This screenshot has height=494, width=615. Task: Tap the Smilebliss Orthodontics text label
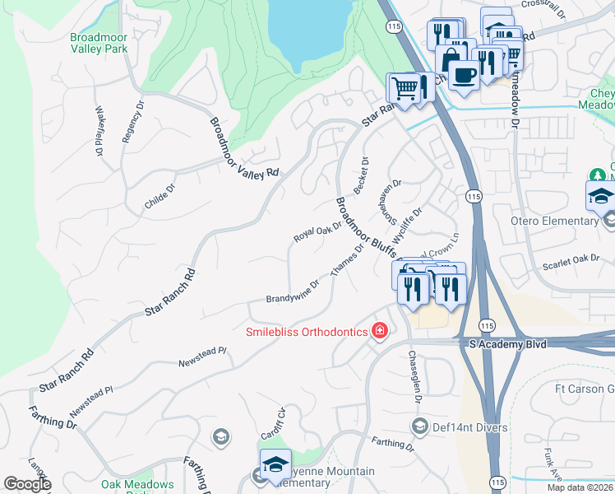click(x=307, y=332)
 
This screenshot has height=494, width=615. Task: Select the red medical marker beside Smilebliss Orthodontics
click(x=379, y=331)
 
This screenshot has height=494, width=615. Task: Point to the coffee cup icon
click(x=465, y=75)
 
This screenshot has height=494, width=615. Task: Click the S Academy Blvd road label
click(x=507, y=342)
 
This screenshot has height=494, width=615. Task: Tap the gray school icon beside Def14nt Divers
click(x=419, y=426)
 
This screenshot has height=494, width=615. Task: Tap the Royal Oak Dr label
click(x=317, y=230)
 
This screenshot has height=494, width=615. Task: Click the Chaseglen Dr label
click(x=414, y=376)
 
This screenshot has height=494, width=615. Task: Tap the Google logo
click(x=26, y=483)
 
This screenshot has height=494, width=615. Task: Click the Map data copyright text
click(x=580, y=487)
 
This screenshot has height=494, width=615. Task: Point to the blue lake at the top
click(x=309, y=29)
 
